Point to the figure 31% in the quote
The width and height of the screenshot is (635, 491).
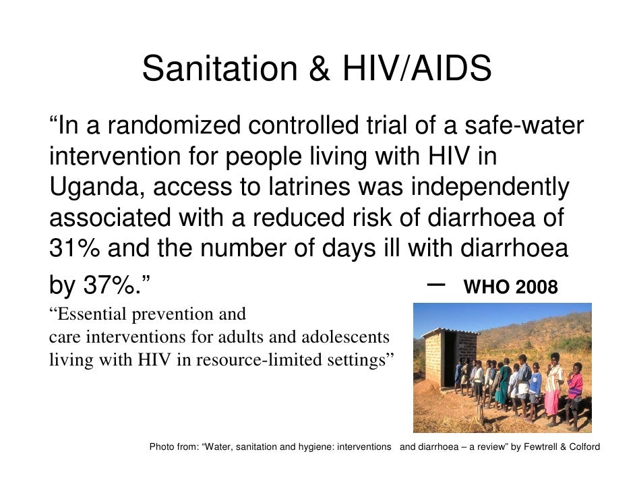[x=74, y=249]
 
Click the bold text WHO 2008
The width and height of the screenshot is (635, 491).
[x=510, y=288]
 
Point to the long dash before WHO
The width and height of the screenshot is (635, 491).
[x=436, y=285]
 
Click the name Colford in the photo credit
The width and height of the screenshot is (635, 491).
[x=584, y=446]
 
